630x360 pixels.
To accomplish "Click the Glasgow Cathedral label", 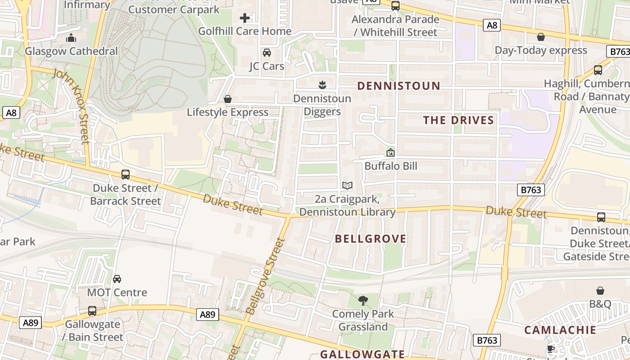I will [71, 51].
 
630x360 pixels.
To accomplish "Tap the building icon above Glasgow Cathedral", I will [71, 38].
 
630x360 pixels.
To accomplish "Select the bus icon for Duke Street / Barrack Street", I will [126, 175].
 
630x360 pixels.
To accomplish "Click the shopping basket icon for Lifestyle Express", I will [228, 99].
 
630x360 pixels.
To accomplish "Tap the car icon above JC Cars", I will [267, 53].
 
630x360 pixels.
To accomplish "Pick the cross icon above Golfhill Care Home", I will [245, 18].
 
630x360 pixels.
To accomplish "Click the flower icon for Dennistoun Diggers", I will [322, 85].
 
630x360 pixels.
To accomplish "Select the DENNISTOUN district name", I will [398, 86].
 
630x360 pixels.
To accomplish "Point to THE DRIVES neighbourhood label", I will [459, 120].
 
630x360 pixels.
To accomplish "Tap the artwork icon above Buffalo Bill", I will [391, 153].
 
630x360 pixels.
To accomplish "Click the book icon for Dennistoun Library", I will [347, 185].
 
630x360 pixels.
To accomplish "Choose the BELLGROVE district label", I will [370, 239].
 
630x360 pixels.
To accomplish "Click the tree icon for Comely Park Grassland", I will [363, 301].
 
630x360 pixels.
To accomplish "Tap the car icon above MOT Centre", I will [117, 279].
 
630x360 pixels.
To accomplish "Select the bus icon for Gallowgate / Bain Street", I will [92, 311].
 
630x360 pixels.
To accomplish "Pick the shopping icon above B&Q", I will [600, 291].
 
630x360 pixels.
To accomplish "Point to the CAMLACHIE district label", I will [560, 330].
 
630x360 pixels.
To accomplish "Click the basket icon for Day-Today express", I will [541, 37].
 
